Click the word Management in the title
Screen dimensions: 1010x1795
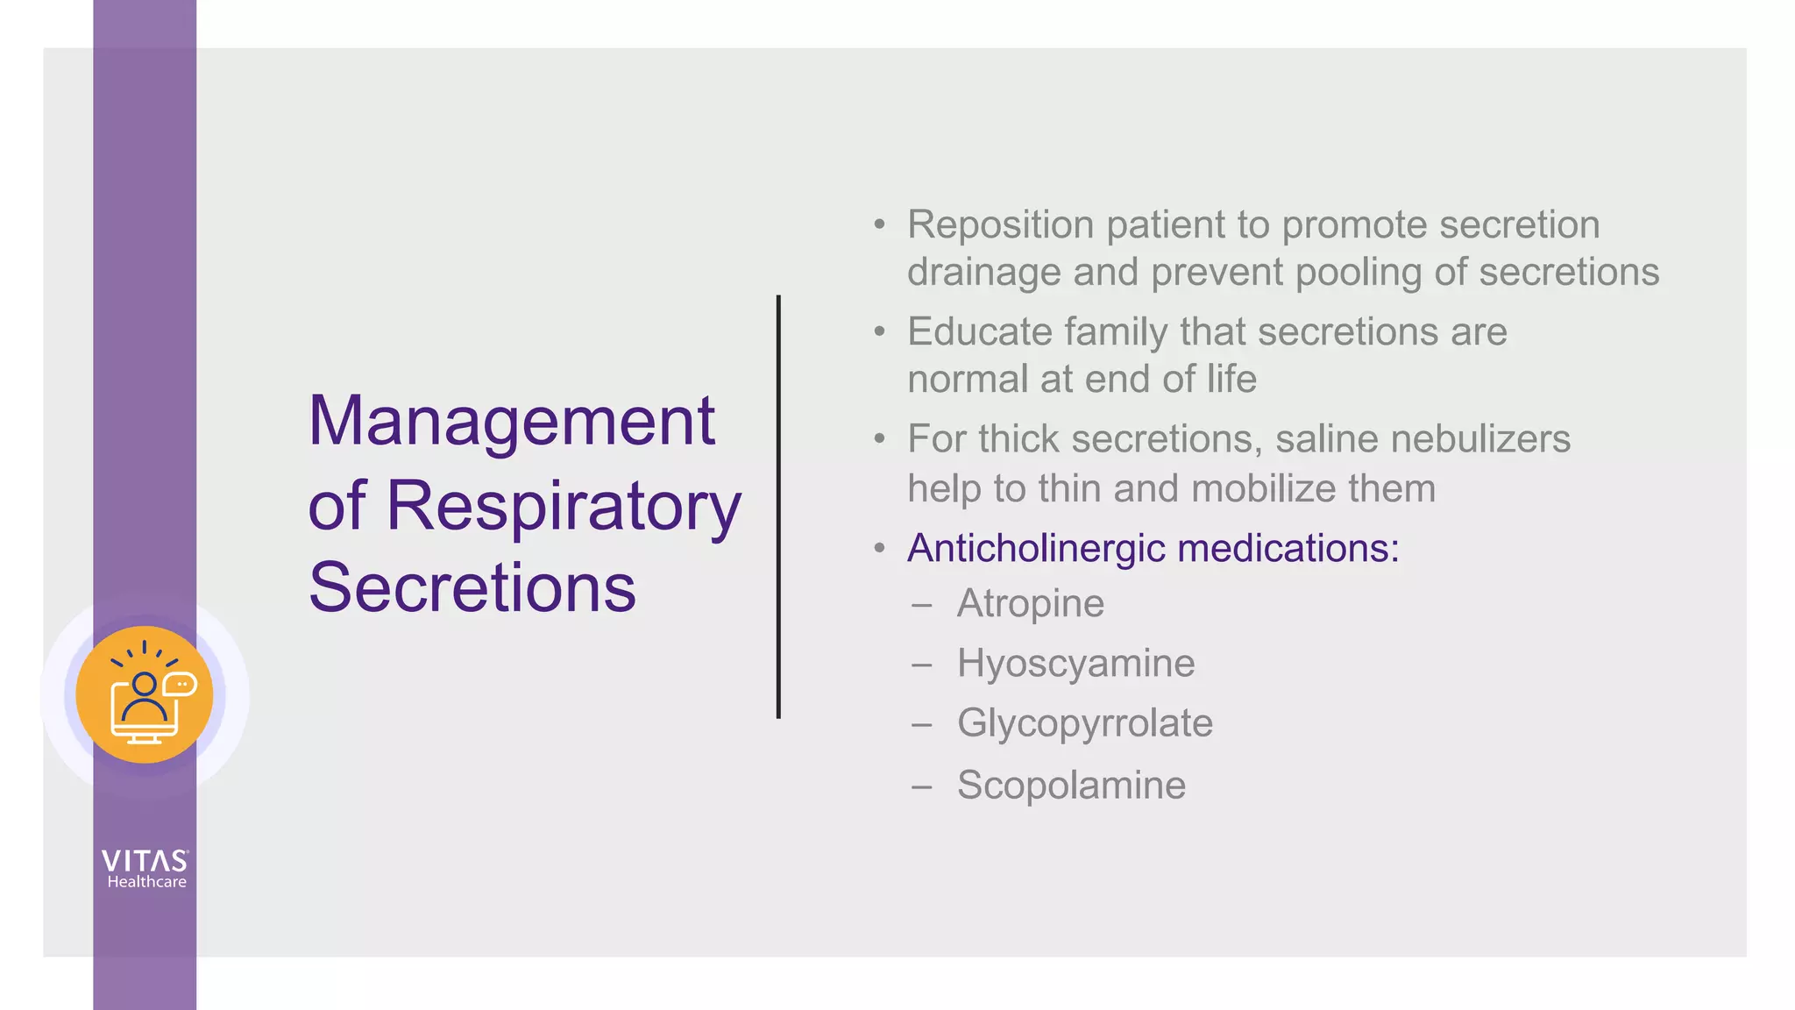512,422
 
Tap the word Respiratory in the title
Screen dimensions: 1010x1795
564,507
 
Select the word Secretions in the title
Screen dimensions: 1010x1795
472,587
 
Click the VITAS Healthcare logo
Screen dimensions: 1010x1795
145,869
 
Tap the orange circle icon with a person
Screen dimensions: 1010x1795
145,694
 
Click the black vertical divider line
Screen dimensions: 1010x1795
778,507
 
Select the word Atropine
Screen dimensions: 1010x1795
1030,604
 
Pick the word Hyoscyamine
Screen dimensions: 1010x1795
1075,664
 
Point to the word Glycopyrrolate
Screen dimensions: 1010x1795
1084,723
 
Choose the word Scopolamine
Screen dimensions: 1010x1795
1071,785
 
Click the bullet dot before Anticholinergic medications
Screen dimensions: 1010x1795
880,549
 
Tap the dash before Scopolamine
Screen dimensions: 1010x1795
921,786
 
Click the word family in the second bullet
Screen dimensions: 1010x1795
1116,332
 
